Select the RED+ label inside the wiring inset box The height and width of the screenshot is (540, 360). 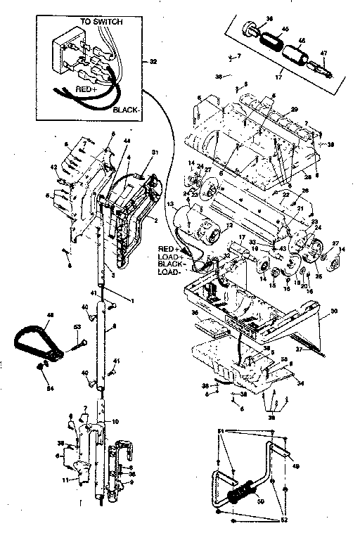(88, 89)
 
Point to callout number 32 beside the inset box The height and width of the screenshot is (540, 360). (153, 62)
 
